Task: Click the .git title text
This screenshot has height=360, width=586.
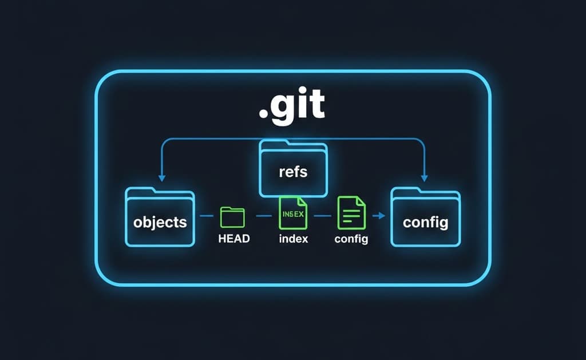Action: pyautogui.click(x=292, y=106)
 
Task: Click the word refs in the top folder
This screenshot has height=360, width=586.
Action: pyautogui.click(x=293, y=172)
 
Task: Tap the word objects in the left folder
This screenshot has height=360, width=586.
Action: pyautogui.click(x=160, y=221)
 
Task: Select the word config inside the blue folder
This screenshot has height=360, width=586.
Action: pyautogui.click(x=425, y=222)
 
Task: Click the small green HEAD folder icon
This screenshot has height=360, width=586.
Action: pyautogui.click(x=232, y=217)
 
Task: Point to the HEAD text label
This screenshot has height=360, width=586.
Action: pyautogui.click(x=234, y=239)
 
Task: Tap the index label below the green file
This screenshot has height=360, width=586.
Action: pyautogui.click(x=293, y=239)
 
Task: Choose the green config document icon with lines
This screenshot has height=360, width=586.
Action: pyautogui.click(x=351, y=213)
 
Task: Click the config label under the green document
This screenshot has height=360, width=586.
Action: pyautogui.click(x=351, y=239)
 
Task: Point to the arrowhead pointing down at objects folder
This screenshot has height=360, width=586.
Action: pyautogui.click(x=162, y=178)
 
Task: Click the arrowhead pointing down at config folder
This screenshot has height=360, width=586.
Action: pyautogui.click(x=425, y=178)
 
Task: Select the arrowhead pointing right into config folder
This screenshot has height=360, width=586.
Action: pyautogui.click(x=378, y=216)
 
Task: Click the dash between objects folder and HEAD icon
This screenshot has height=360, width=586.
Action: pyautogui.click(x=207, y=216)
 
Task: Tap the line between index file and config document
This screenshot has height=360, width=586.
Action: pyautogui.click(x=323, y=216)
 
